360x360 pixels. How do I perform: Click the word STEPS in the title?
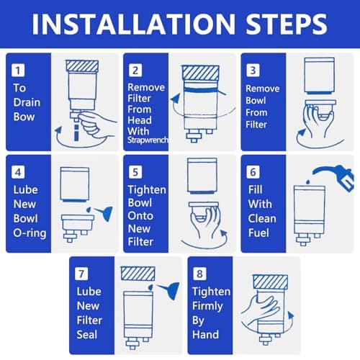pos(287,24)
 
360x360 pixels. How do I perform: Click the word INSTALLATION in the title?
pos(134,24)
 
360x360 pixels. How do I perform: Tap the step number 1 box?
pos(18,71)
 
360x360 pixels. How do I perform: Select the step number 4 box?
pos(18,172)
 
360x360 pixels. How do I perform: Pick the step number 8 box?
pos(199,274)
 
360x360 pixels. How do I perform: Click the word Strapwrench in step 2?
pos(148,140)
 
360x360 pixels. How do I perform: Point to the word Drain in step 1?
pos(27,102)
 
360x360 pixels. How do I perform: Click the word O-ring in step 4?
pos(30,233)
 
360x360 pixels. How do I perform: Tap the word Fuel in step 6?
pos(258,233)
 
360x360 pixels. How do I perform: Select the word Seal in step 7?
pos(87,335)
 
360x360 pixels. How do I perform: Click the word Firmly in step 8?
pos(207,307)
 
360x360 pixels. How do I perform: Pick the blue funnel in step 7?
pos(171,290)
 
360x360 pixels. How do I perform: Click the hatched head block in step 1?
pos(82,66)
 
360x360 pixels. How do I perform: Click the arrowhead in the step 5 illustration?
pos(224,233)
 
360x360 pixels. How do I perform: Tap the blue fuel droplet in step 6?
pos(308,182)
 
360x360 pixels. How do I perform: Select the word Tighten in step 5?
pos(147,190)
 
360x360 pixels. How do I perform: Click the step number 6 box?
pos(253,172)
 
